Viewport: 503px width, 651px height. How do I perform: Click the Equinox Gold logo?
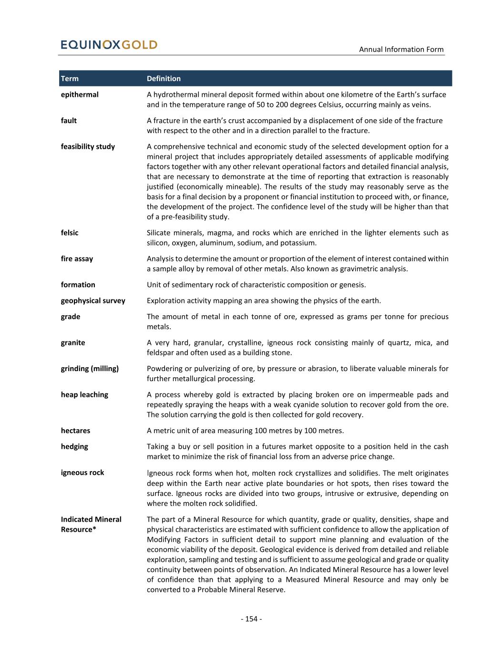click(109, 45)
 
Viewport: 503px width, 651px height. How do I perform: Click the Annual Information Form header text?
click(401, 49)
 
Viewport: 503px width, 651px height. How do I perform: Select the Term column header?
click(70, 79)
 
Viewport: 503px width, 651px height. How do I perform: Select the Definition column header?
click(164, 79)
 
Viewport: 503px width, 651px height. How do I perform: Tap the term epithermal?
click(80, 94)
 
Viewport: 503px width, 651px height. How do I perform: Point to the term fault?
click(69, 121)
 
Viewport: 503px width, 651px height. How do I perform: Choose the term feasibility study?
click(88, 146)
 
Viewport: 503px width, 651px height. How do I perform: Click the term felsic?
click(70, 233)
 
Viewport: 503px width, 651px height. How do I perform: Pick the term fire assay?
click(77, 258)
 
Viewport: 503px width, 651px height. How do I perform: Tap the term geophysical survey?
click(93, 300)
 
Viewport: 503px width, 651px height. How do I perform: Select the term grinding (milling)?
click(90, 368)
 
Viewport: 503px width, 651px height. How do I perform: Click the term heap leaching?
click(84, 394)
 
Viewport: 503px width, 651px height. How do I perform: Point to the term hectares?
click(75, 431)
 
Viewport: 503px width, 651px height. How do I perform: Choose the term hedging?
click(74, 446)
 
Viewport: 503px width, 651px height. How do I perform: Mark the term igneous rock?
click(82, 473)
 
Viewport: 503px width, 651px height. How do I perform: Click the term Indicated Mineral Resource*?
click(91, 524)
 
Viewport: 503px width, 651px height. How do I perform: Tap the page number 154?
click(251, 619)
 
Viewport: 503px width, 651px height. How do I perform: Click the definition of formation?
click(256, 285)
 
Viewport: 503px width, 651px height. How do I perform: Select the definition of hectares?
click(245, 431)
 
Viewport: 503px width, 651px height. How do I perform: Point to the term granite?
click(73, 342)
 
